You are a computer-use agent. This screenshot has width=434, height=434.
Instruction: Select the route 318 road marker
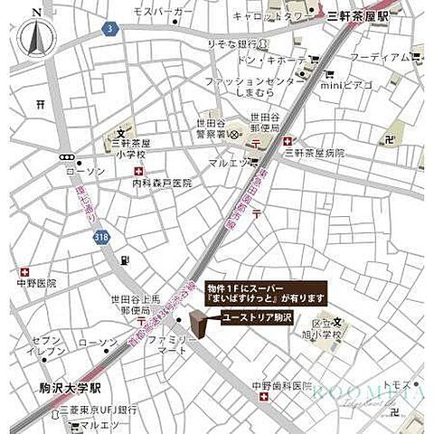(x=102, y=237)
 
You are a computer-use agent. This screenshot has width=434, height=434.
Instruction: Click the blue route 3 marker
(x=109, y=29)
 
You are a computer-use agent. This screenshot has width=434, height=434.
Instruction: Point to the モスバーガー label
(x=163, y=12)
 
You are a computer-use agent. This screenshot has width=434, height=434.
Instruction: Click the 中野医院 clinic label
(x=35, y=283)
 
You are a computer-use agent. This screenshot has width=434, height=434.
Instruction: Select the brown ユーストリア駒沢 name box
(x=256, y=317)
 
